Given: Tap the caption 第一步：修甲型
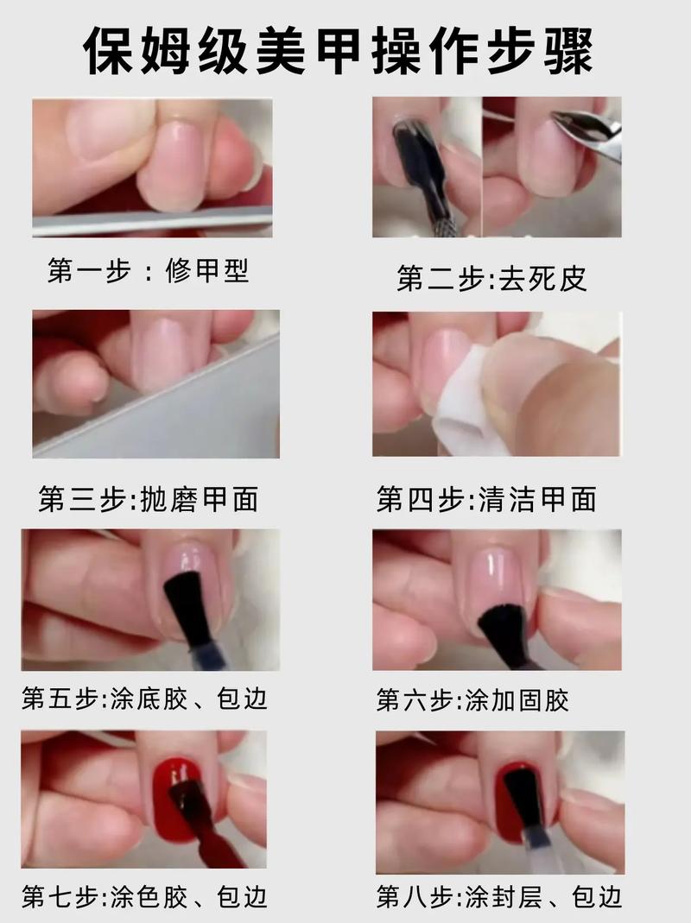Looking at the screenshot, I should coord(148,271).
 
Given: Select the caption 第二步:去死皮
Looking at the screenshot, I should coord(492,278).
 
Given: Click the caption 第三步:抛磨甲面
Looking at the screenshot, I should coord(148,499).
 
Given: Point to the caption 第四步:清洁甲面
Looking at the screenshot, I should coord(486,499).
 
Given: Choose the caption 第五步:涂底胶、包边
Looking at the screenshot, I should coord(144,698).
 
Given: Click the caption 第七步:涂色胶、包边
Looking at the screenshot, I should coord(144,897).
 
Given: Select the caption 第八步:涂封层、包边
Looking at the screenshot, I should coord(498,897).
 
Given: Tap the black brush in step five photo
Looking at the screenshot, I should coord(187,604).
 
